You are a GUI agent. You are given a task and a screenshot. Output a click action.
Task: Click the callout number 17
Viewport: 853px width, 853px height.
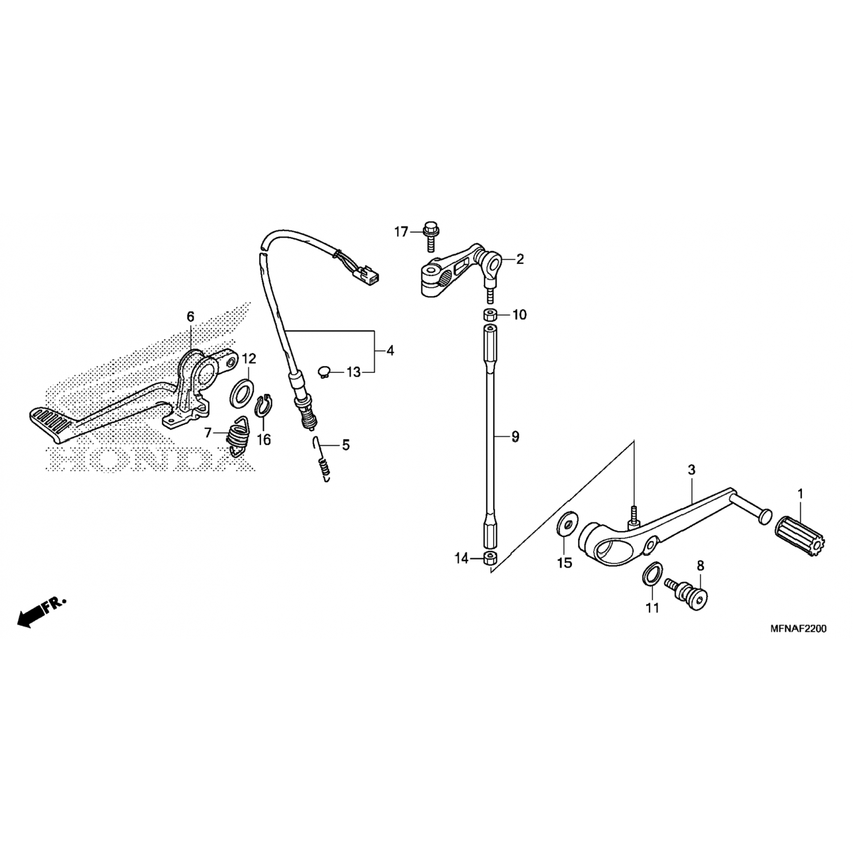click(401, 231)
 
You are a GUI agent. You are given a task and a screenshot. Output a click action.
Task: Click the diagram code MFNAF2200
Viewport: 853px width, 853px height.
click(798, 628)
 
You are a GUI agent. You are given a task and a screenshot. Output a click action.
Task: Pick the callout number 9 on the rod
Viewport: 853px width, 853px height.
click(515, 437)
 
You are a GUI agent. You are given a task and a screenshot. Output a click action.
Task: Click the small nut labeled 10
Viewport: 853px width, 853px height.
click(490, 314)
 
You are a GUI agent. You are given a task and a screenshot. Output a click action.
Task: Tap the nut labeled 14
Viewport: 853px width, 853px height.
click(490, 557)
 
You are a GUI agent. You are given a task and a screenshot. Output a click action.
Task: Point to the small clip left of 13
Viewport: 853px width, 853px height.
click(325, 372)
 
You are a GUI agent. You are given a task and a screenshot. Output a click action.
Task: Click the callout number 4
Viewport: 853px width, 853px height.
click(390, 351)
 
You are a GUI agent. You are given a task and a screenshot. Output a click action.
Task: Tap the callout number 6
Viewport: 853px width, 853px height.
click(190, 316)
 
